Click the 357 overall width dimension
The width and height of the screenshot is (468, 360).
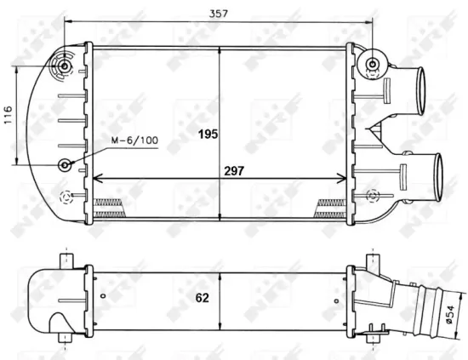pyautogui.click(x=219, y=14)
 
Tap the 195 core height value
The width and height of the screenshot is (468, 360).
pyautogui.click(x=208, y=134)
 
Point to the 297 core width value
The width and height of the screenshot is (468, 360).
pyautogui.click(x=234, y=171)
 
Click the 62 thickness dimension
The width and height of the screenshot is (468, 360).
pyautogui.click(x=202, y=298)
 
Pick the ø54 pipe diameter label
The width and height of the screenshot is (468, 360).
pyautogui.click(x=450, y=314)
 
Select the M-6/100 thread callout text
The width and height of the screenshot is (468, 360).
pyautogui.click(x=134, y=140)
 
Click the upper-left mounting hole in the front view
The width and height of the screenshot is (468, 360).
pyautogui.click(x=64, y=66)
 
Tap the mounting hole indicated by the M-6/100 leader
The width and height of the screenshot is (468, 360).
pyautogui.click(x=65, y=165)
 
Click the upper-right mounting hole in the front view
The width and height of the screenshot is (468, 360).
pyautogui.click(x=372, y=64)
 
